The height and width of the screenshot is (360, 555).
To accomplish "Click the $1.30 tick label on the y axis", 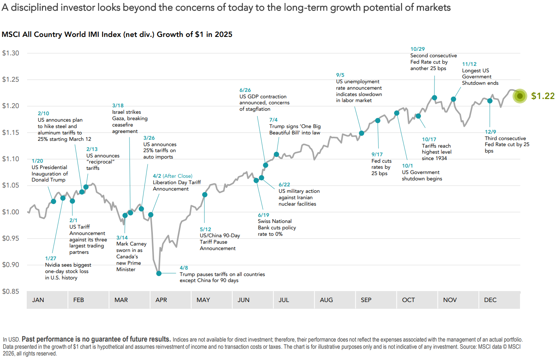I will (x=11, y=53).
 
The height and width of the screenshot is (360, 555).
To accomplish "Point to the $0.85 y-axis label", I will (x=11, y=291).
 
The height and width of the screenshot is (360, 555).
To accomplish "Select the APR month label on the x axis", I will (x=161, y=300).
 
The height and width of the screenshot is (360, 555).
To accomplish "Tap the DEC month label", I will (x=490, y=300).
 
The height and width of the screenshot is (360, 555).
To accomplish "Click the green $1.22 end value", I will (x=543, y=96).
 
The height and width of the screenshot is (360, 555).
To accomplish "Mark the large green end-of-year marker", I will (x=520, y=96).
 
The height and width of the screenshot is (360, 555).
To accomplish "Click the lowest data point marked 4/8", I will (x=159, y=273).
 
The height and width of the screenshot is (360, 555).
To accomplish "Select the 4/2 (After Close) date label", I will (x=172, y=176).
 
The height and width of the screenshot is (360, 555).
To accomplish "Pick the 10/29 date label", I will (x=418, y=49).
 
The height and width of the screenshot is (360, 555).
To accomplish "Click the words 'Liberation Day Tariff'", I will (x=177, y=182).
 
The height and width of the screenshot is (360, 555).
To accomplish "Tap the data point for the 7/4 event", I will (x=276, y=154).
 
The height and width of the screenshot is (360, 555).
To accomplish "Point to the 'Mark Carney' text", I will (x=131, y=244).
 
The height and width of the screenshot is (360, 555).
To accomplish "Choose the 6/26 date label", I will (x=245, y=90).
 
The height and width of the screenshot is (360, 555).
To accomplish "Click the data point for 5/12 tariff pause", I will (x=205, y=195).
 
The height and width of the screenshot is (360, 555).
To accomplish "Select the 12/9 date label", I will (x=490, y=132).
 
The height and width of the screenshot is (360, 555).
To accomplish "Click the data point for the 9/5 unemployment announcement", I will (x=361, y=133).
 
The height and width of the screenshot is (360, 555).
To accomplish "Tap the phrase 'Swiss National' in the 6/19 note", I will (x=274, y=221).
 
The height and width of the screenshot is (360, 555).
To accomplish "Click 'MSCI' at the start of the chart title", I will (x=11, y=35).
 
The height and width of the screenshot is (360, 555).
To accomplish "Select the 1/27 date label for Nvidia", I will (x=50, y=258).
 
